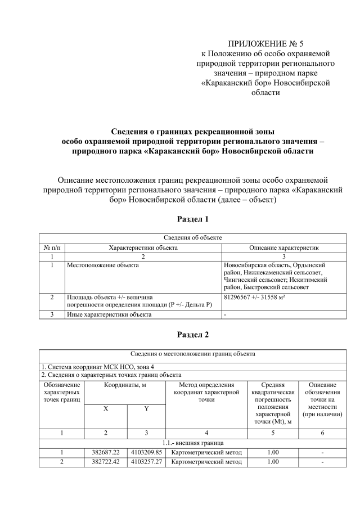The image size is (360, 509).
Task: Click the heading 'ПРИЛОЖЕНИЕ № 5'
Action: click(x=265, y=43)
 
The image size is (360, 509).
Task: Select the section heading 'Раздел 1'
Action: click(x=193, y=218)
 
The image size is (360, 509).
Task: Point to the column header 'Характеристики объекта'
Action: click(x=143, y=247)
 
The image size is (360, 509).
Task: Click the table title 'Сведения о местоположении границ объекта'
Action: click(x=193, y=354)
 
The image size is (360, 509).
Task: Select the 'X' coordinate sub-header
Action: click(x=106, y=409)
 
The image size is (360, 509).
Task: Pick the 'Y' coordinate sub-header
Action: click(x=146, y=409)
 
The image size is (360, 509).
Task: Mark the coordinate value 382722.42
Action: click(x=106, y=462)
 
